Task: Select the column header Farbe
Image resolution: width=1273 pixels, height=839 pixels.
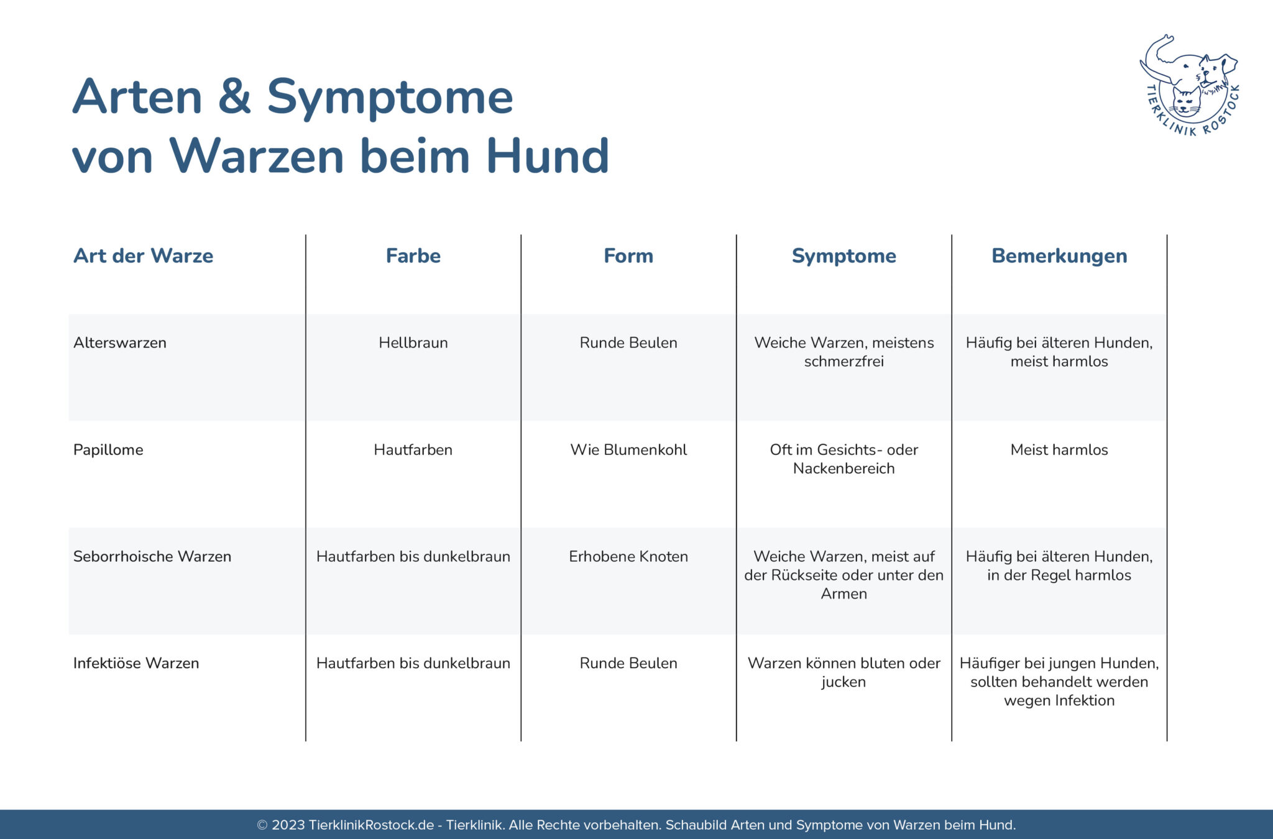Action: [413, 255]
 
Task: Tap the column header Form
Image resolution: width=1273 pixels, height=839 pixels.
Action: [628, 255]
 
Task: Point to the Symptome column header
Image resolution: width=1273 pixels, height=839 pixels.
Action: [843, 256]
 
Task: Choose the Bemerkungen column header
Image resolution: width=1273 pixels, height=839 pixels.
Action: [1059, 256]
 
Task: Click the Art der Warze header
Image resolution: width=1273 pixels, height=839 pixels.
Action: [143, 255]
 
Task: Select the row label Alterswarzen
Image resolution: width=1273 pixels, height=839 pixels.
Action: [120, 342]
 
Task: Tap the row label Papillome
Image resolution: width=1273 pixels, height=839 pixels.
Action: [108, 450]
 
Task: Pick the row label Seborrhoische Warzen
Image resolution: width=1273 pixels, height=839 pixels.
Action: [152, 556]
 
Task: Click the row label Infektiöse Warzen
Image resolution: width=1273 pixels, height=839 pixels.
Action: [136, 663]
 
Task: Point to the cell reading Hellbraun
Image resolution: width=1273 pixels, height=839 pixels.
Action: [413, 342]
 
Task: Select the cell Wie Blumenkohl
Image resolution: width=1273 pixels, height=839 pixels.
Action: [628, 449]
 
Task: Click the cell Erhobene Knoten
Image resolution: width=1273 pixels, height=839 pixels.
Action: [628, 556]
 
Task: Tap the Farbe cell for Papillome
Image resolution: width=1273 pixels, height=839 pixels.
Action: [413, 449]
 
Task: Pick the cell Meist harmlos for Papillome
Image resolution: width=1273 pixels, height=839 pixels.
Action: [1059, 449]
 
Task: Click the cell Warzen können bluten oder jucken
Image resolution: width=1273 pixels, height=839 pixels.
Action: [843, 672]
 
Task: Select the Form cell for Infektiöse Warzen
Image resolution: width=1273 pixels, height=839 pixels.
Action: [628, 663]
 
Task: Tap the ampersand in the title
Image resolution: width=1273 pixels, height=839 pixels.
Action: [234, 96]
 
